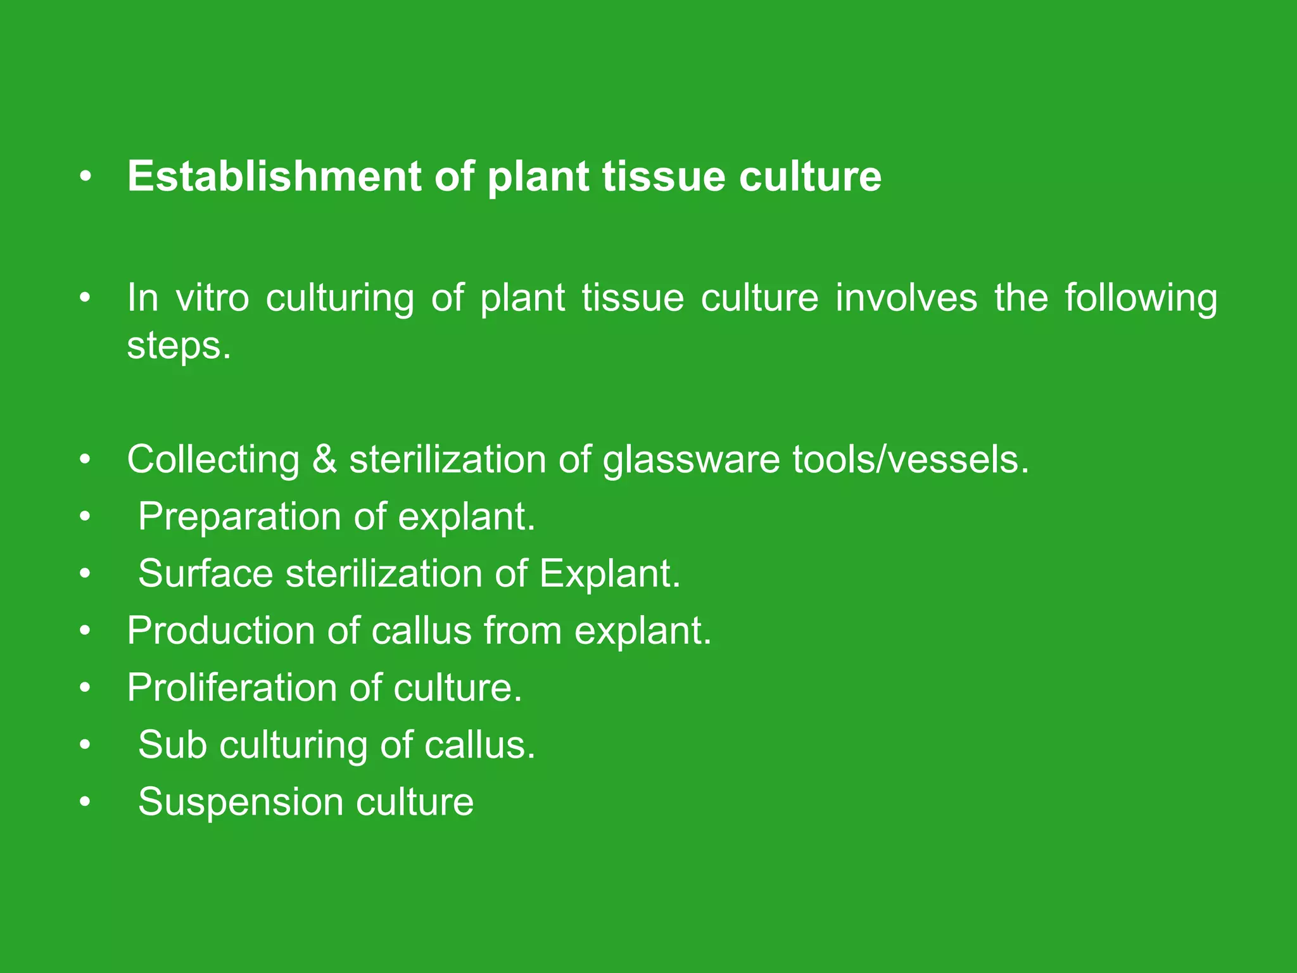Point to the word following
(x=1140, y=298)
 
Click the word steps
(x=178, y=347)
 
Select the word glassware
(x=691, y=460)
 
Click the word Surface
(x=205, y=573)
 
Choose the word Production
(x=220, y=630)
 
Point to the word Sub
(x=172, y=744)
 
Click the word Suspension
(x=240, y=802)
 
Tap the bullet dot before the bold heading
(x=85, y=177)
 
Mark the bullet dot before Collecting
(x=85, y=460)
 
